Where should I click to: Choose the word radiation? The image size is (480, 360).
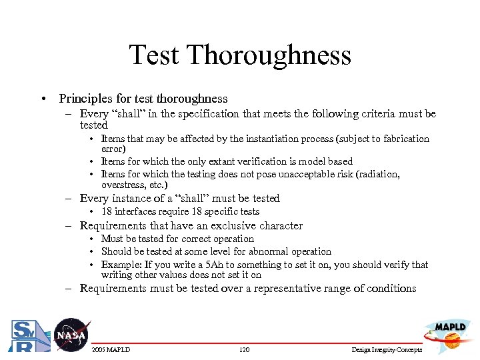click(x=377, y=174)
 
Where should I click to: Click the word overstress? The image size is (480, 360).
click(x=123, y=185)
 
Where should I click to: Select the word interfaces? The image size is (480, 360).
click(x=134, y=211)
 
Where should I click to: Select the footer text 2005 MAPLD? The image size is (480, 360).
click(x=111, y=350)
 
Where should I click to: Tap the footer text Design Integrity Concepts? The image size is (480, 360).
click(x=386, y=350)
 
